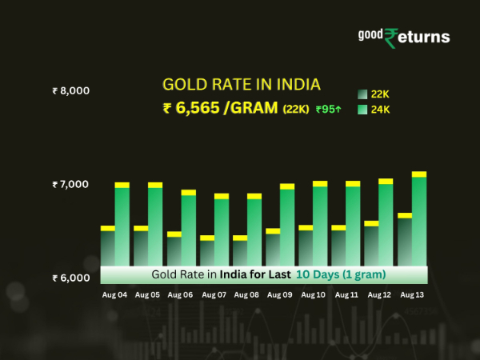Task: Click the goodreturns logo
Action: (403, 37)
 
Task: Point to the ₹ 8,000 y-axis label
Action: (70, 90)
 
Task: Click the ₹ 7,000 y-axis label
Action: (70, 185)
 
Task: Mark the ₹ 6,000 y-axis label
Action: (70, 278)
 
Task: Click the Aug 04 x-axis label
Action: (114, 295)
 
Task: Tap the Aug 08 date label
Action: (247, 295)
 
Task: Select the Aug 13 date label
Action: (412, 295)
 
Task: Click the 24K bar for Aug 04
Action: (122, 228)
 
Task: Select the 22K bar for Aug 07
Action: (206, 252)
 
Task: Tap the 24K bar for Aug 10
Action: (320, 228)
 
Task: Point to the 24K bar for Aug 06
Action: (188, 232)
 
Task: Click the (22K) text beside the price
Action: (295, 110)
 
